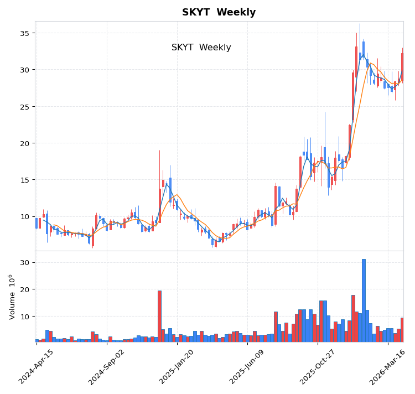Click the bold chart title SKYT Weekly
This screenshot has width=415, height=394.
tap(219, 12)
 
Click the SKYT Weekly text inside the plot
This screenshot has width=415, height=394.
tap(201, 48)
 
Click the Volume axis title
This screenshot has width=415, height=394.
tap(11, 297)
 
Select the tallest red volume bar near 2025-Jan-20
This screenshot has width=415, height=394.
tap(159, 315)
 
